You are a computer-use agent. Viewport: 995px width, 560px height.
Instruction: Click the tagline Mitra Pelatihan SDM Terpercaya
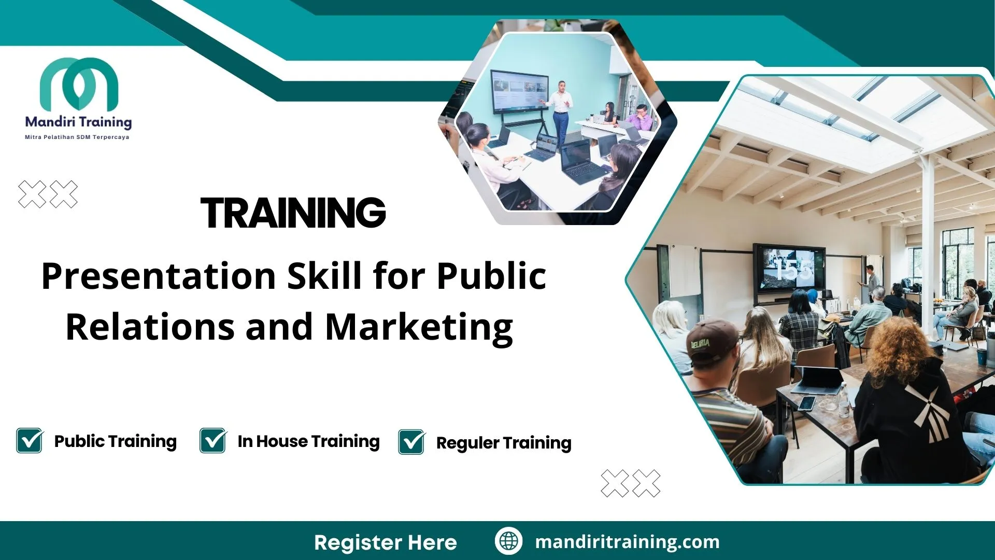click(77, 137)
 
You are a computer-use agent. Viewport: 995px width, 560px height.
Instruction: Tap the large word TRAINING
click(293, 213)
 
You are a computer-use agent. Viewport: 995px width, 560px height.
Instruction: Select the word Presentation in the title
click(159, 276)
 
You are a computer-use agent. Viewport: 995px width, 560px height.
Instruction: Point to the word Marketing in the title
click(419, 328)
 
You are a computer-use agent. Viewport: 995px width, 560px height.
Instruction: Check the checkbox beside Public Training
click(30, 441)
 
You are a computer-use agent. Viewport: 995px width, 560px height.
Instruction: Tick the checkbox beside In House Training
click(213, 441)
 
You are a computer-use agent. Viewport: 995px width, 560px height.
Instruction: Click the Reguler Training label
click(503, 443)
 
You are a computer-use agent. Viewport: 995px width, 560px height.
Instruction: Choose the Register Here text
click(386, 542)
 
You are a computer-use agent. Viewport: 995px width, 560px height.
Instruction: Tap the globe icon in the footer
click(508, 541)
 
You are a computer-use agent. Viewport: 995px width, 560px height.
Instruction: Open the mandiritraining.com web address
click(627, 542)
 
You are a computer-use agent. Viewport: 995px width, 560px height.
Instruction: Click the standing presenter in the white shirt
click(560, 110)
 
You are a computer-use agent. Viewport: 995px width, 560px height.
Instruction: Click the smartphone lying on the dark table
click(806, 403)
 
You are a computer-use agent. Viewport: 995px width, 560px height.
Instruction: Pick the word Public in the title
click(491, 276)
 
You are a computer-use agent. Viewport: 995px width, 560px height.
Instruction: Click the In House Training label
click(308, 441)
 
